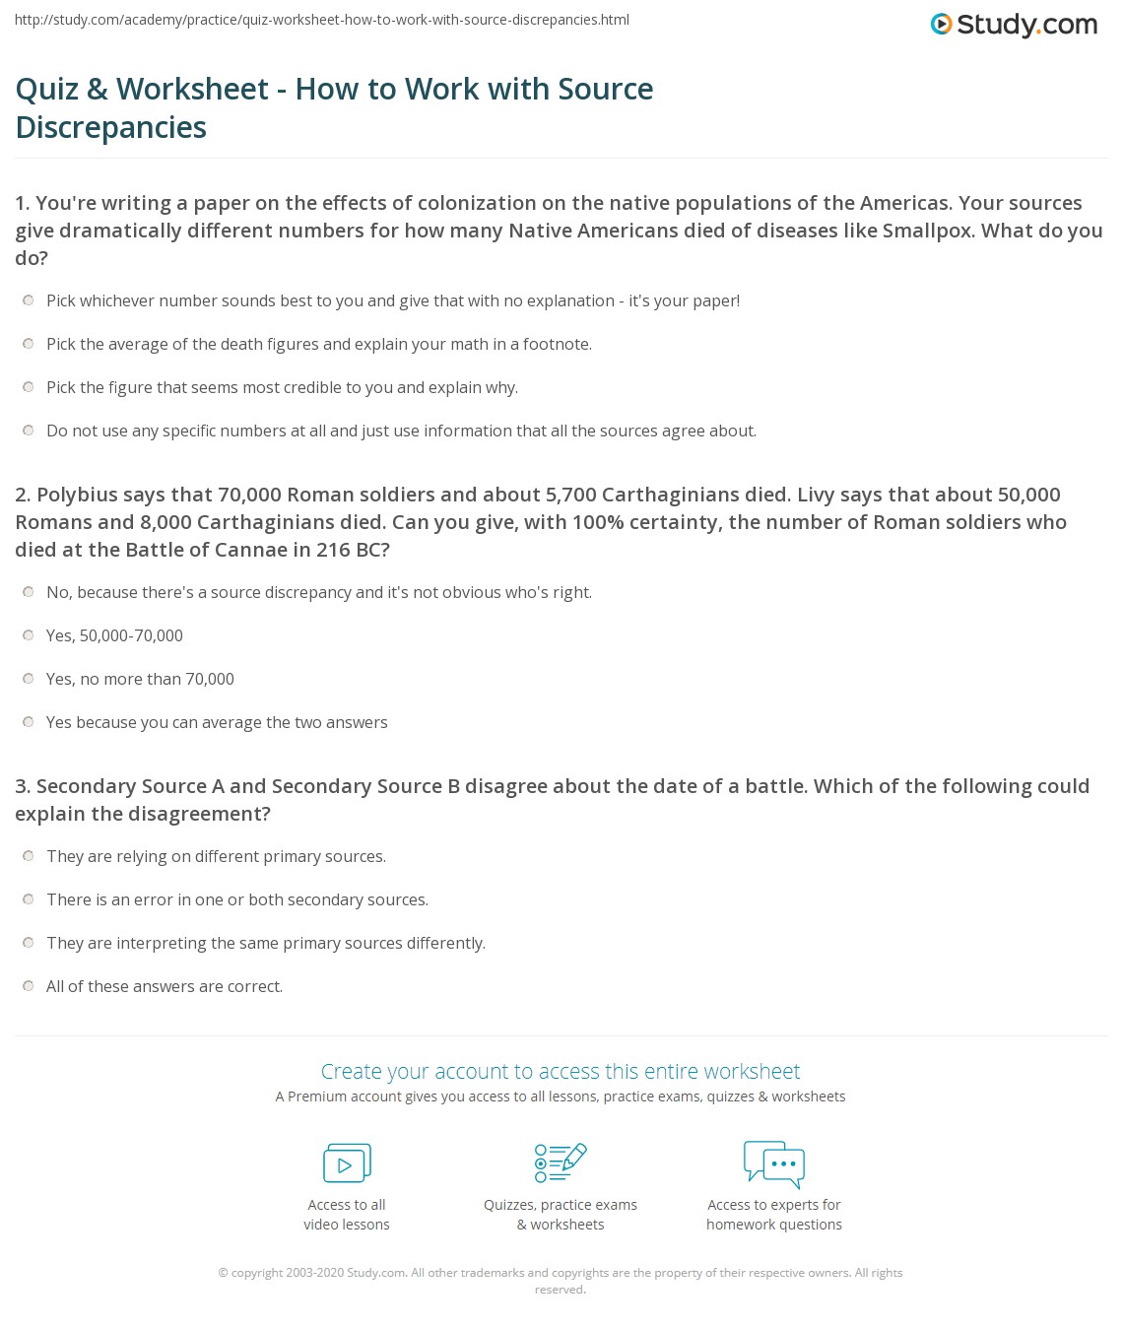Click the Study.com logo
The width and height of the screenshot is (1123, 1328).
1014,25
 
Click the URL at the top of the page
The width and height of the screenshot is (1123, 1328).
322,20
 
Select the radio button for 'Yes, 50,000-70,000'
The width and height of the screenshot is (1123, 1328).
29,635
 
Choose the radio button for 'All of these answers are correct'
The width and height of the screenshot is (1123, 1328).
29,986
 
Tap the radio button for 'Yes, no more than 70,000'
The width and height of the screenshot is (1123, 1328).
29,679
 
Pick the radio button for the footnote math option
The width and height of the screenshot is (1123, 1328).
29,344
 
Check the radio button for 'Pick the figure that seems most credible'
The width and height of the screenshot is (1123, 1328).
29,387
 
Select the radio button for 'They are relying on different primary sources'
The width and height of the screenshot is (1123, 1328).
29,856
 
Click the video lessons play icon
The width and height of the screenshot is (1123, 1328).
347,1163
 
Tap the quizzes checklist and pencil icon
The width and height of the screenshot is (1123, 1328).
561,1162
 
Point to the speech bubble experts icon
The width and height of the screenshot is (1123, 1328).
774,1163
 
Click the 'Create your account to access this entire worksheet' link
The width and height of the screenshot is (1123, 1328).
561,1071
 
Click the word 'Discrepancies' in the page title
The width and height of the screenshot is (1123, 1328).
111,127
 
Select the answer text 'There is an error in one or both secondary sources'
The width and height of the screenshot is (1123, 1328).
237,899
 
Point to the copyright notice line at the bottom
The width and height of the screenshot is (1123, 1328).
561,1273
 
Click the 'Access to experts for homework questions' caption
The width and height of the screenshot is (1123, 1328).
774,1215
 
